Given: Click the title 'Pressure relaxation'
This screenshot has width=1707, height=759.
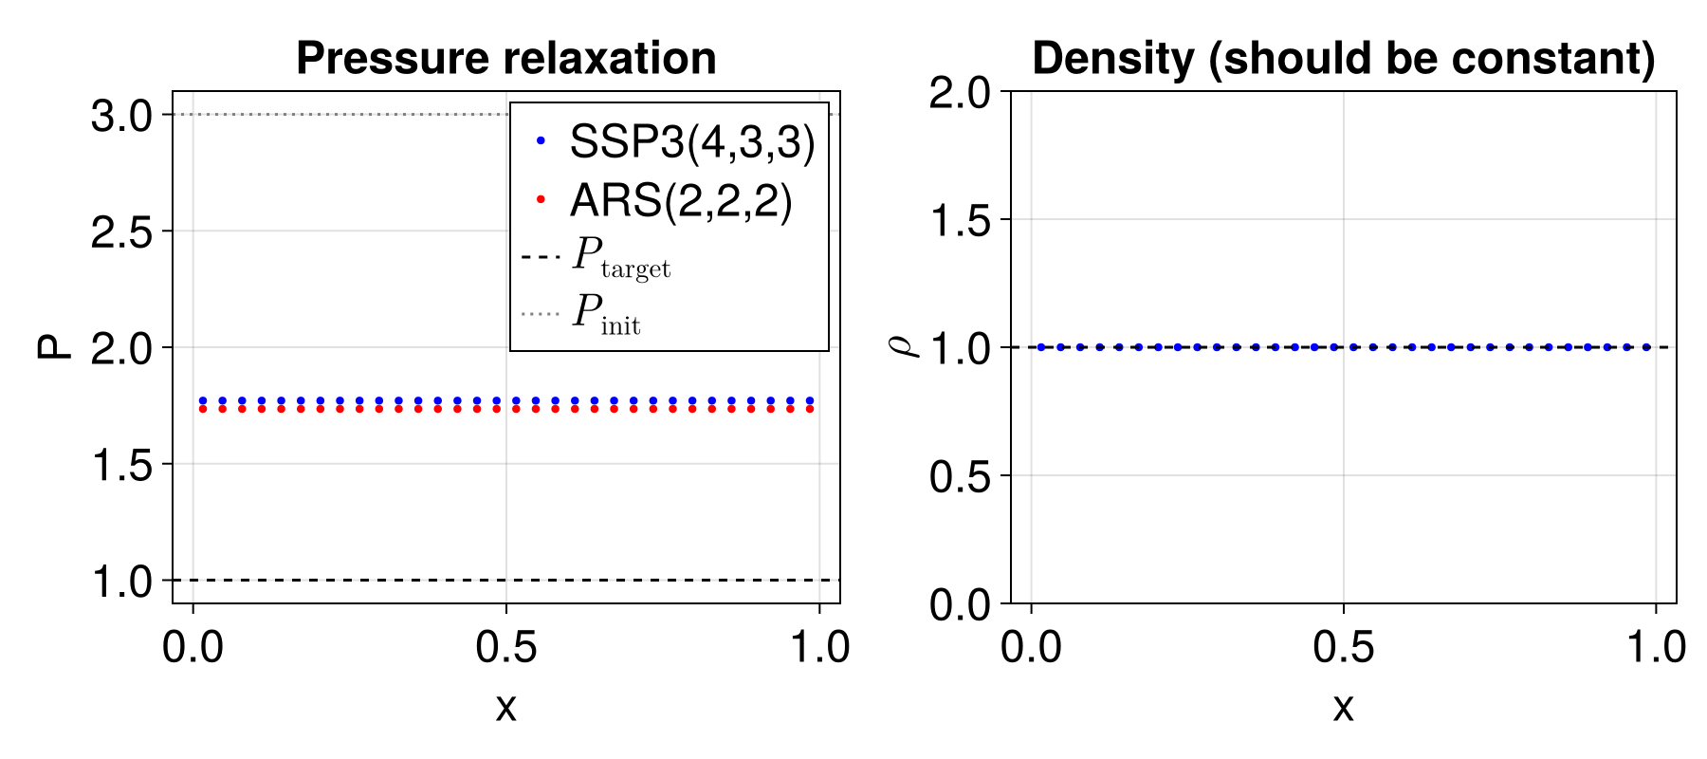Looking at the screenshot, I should point(505,59).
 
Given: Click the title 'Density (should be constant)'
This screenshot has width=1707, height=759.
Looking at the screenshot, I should point(1343,59).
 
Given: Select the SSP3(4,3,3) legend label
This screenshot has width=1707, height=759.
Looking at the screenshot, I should point(691,142).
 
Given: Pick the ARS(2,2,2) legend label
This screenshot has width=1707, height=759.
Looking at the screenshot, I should point(680,201).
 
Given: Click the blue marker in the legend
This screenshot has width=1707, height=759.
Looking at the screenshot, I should point(541,141).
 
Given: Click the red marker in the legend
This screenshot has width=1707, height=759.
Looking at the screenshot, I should point(541,200).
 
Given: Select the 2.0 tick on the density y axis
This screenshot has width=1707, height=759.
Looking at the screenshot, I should point(960,93).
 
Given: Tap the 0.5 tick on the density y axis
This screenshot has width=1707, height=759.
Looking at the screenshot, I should point(960,476).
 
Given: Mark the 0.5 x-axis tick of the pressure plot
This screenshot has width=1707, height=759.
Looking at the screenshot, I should point(505,647).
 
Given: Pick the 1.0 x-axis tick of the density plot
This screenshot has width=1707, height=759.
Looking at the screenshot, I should point(1656,647).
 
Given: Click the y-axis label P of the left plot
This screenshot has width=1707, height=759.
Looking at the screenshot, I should point(55,347).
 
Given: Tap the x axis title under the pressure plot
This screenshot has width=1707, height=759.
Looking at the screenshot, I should point(505,708).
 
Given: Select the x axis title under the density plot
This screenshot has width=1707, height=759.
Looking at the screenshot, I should point(1343,708).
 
